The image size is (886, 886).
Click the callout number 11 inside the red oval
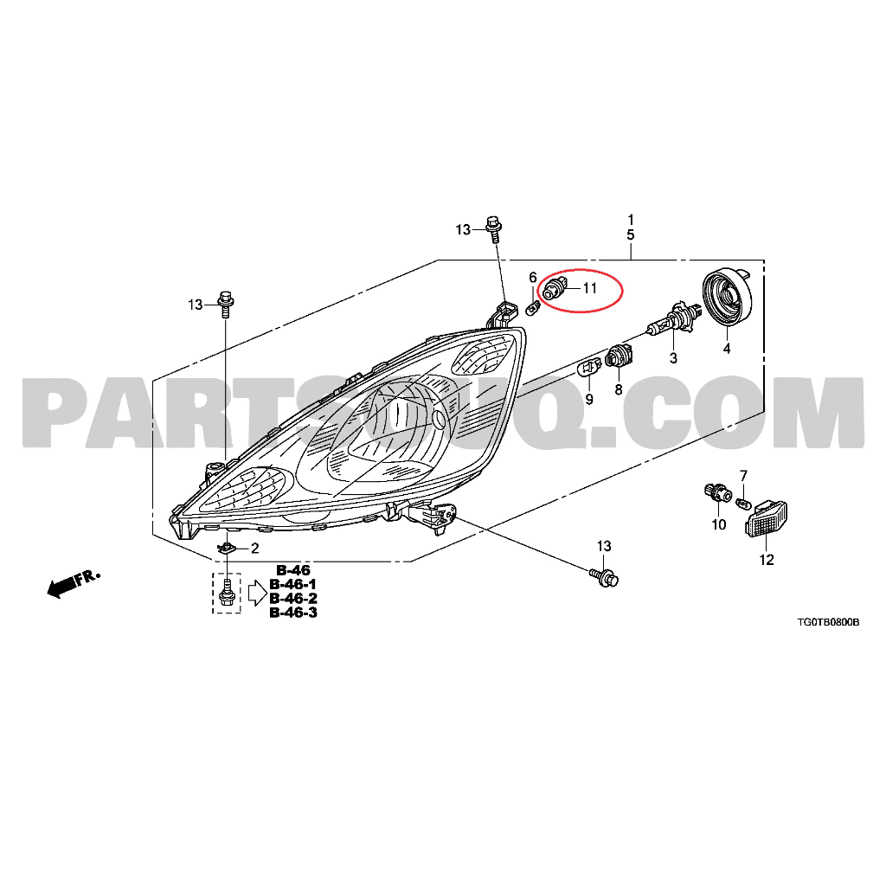pos(590,288)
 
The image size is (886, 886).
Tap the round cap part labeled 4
pos(728,298)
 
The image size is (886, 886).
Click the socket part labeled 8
pos(619,355)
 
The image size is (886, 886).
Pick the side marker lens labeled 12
pos(767,518)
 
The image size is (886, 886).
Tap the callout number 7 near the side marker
pos(743,476)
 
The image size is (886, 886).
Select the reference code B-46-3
pos(293,613)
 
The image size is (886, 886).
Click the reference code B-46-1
pos(293,584)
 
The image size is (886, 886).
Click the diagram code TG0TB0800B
pos(828,622)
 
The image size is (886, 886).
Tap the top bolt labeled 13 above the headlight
pos(493,228)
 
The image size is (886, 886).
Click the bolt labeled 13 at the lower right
pos(605,577)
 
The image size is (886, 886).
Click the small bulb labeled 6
pos(533,309)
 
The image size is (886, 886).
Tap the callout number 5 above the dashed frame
pos(631,234)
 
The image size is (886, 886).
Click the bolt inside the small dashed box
pos(227,592)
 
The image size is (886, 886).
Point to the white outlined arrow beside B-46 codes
pos(257,593)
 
